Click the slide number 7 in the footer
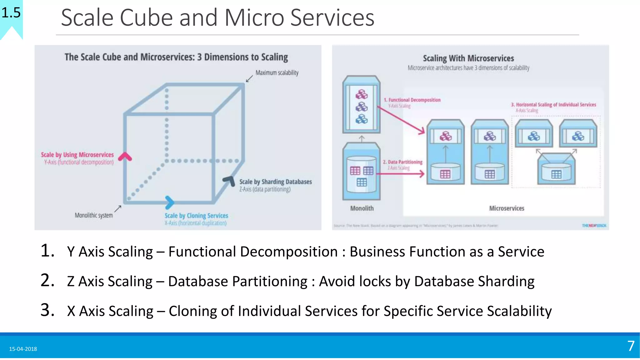631,346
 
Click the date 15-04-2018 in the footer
23,349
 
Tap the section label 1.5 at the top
11,13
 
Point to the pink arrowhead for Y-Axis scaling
125,157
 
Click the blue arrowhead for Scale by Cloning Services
169,202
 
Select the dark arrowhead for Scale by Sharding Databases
229,181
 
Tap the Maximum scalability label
277,73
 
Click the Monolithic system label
93,215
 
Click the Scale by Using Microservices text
77,155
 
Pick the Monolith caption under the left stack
362,208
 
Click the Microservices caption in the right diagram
506,208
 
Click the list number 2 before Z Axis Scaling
47,280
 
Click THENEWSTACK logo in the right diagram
594,226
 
